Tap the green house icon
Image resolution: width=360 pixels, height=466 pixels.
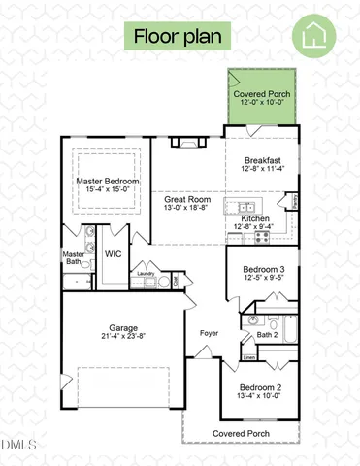click(x=316, y=38)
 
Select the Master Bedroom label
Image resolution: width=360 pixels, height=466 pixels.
click(x=108, y=182)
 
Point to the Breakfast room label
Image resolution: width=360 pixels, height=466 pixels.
click(x=263, y=160)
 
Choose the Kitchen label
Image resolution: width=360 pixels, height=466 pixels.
click(x=256, y=219)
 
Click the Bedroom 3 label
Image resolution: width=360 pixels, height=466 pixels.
click(x=264, y=269)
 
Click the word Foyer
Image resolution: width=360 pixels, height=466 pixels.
click(x=210, y=334)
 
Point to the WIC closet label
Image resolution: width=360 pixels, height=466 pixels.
click(x=113, y=254)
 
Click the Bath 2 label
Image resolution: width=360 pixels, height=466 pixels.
click(x=268, y=335)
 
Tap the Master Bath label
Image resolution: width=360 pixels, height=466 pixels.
click(x=74, y=258)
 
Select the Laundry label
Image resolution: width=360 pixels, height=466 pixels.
click(x=147, y=274)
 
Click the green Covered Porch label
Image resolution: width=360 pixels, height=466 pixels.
click(x=262, y=95)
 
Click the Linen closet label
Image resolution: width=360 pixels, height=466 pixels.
click(x=249, y=357)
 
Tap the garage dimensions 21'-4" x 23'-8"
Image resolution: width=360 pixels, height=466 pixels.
click(x=124, y=338)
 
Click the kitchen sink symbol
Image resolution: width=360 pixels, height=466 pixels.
click(x=242, y=207)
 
